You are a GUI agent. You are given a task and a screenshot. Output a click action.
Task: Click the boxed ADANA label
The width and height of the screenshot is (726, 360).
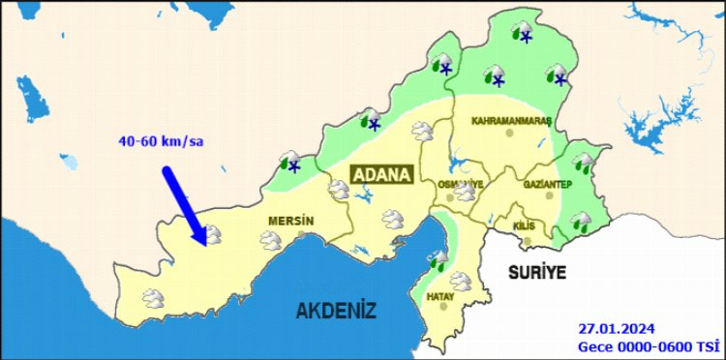[x=380, y=174]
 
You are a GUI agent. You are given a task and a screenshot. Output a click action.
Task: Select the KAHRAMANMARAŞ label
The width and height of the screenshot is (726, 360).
[x=510, y=121]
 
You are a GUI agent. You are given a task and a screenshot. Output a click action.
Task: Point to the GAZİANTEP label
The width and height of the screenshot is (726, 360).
[x=549, y=184]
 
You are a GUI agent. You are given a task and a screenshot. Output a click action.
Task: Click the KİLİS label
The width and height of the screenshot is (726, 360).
[x=524, y=225]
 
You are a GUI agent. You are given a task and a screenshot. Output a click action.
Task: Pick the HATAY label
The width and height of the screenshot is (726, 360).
[x=440, y=296]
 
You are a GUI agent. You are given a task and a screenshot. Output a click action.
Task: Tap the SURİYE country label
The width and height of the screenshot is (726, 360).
[x=536, y=273]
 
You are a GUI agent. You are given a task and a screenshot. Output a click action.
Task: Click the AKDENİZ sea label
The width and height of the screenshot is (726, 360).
[x=336, y=310]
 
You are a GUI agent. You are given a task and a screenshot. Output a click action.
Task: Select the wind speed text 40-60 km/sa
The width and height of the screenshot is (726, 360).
[x=161, y=141]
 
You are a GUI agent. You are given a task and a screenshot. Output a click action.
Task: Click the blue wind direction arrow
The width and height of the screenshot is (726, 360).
[x=184, y=204]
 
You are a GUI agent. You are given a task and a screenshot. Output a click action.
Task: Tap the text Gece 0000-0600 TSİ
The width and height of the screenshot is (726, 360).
[x=648, y=345]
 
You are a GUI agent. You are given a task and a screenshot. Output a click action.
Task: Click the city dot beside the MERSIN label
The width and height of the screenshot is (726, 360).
[x=303, y=233]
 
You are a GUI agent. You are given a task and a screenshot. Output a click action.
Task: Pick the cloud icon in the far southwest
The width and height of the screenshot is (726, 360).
[x=152, y=297]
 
